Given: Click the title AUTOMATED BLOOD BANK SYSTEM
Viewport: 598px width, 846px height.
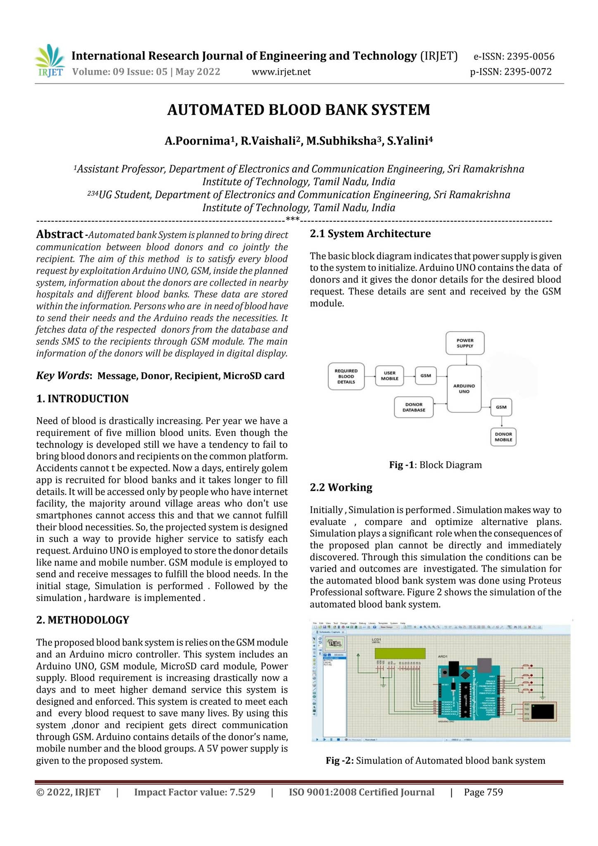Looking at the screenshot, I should pyautogui.click(x=298, y=110).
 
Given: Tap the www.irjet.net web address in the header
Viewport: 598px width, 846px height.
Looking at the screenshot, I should pyautogui.click(x=281, y=72).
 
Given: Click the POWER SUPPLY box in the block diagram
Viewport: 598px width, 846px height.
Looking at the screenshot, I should pyautogui.click(x=465, y=343).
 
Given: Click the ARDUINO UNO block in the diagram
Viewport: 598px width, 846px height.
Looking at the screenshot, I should pyautogui.click(x=464, y=389).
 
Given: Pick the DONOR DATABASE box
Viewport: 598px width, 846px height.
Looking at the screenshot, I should pyautogui.click(x=414, y=407).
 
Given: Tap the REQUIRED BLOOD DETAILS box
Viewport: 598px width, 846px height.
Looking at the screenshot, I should pyautogui.click(x=346, y=376).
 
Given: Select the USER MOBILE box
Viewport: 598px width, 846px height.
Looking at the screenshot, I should pyautogui.click(x=389, y=376).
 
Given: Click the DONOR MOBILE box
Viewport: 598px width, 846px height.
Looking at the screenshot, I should pyautogui.click(x=503, y=437).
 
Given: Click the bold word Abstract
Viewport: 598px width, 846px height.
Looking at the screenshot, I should pyautogui.click(x=60, y=235).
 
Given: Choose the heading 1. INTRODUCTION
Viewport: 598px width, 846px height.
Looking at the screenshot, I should pyautogui.click(x=82, y=399).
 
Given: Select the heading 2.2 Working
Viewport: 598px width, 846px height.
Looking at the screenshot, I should pyautogui.click(x=341, y=487).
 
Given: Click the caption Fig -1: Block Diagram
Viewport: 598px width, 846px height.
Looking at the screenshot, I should pyautogui.click(x=435, y=465).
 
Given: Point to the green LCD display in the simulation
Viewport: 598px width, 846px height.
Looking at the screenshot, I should pyautogui.click(x=400, y=653).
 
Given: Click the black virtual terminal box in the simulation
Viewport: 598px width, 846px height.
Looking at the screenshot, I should pyautogui.click(x=543, y=711).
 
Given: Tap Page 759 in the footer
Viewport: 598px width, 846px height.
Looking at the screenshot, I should pyautogui.click(x=483, y=792).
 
